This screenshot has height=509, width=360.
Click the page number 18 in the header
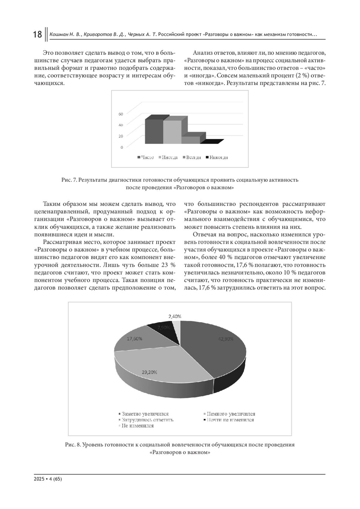click(x=37, y=34)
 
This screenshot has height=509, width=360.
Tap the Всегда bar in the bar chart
click(x=190, y=140)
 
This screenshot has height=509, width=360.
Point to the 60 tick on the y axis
click(x=121, y=114)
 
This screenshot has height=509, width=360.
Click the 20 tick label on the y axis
click(x=121, y=136)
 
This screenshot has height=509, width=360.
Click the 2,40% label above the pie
click(x=175, y=316)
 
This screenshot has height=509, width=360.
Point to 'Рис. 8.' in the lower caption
click(x=73, y=445)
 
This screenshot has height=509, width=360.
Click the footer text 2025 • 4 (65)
click(x=48, y=479)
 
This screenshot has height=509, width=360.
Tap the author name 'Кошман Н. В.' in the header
click(x=65, y=35)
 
